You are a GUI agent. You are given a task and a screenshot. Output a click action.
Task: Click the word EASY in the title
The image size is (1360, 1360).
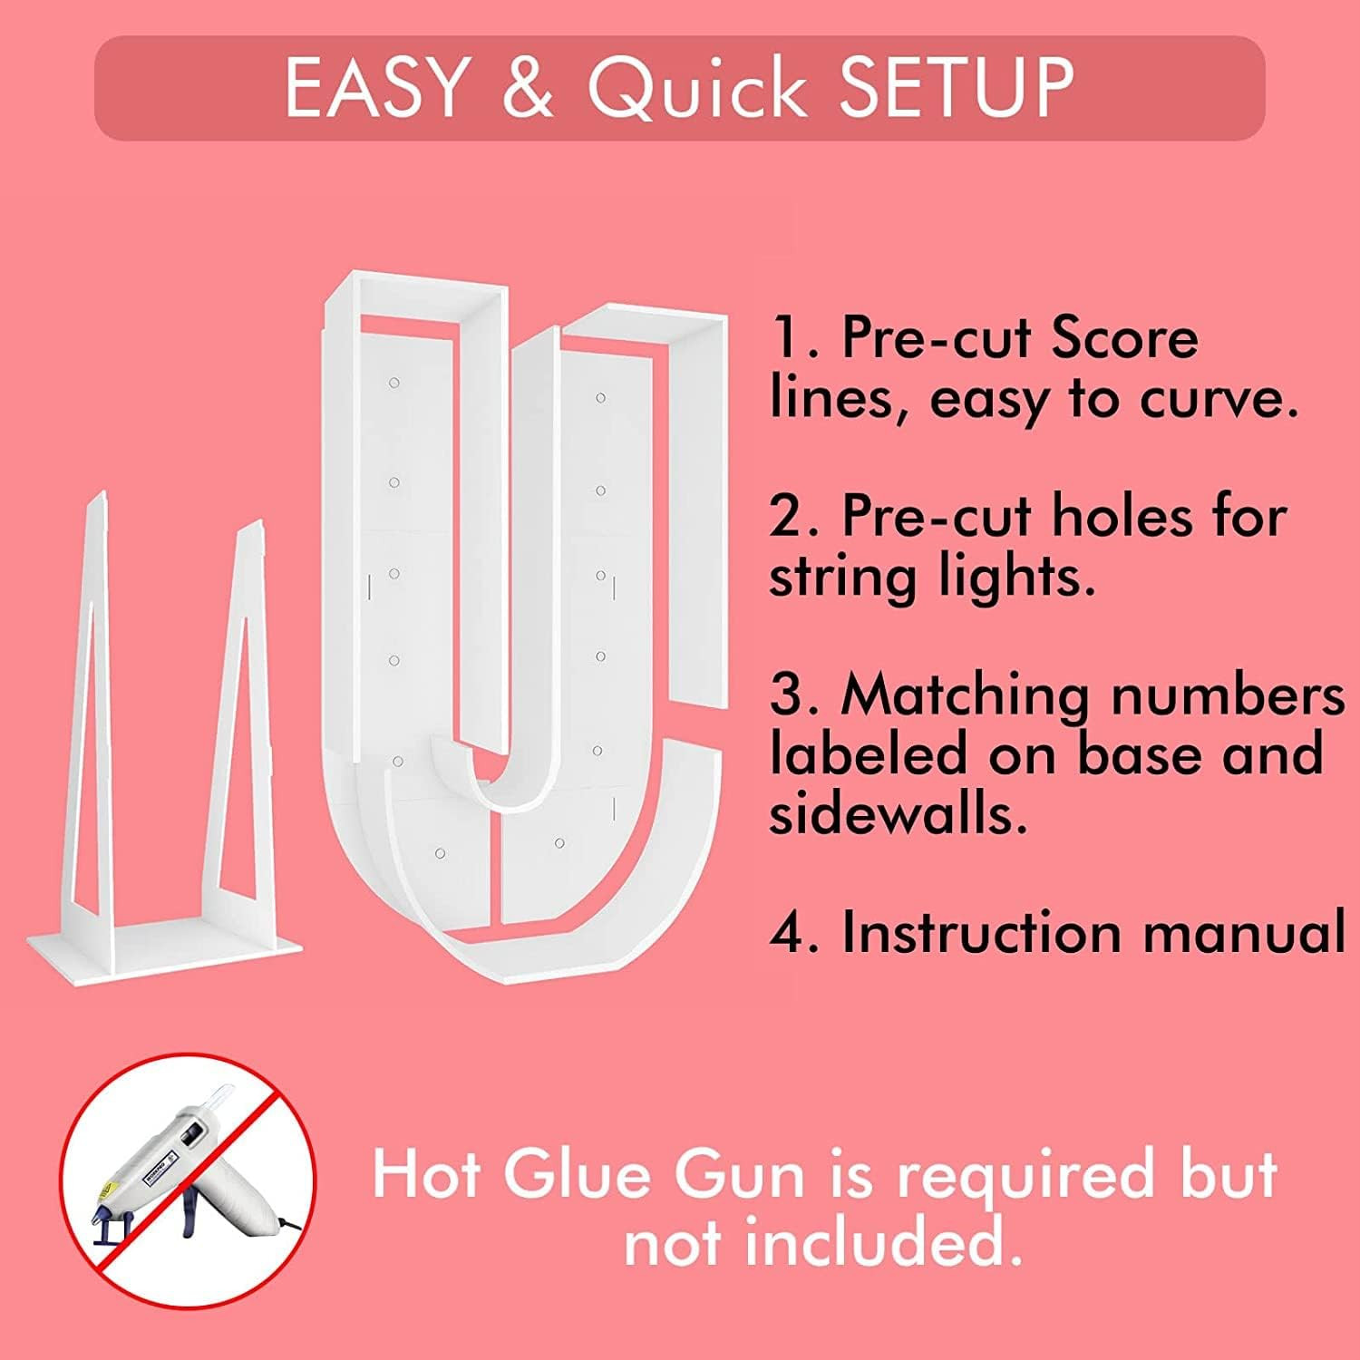[x=374, y=87]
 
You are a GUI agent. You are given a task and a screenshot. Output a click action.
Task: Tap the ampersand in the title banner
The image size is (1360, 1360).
[x=526, y=87]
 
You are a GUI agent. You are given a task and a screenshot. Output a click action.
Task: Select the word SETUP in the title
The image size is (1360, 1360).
[x=956, y=87]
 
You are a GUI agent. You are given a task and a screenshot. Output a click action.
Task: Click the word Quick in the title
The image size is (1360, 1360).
[x=696, y=89]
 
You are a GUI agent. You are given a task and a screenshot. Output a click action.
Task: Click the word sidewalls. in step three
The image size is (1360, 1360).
[x=898, y=814]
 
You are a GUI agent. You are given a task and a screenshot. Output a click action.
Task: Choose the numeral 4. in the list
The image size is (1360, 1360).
[x=795, y=932]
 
